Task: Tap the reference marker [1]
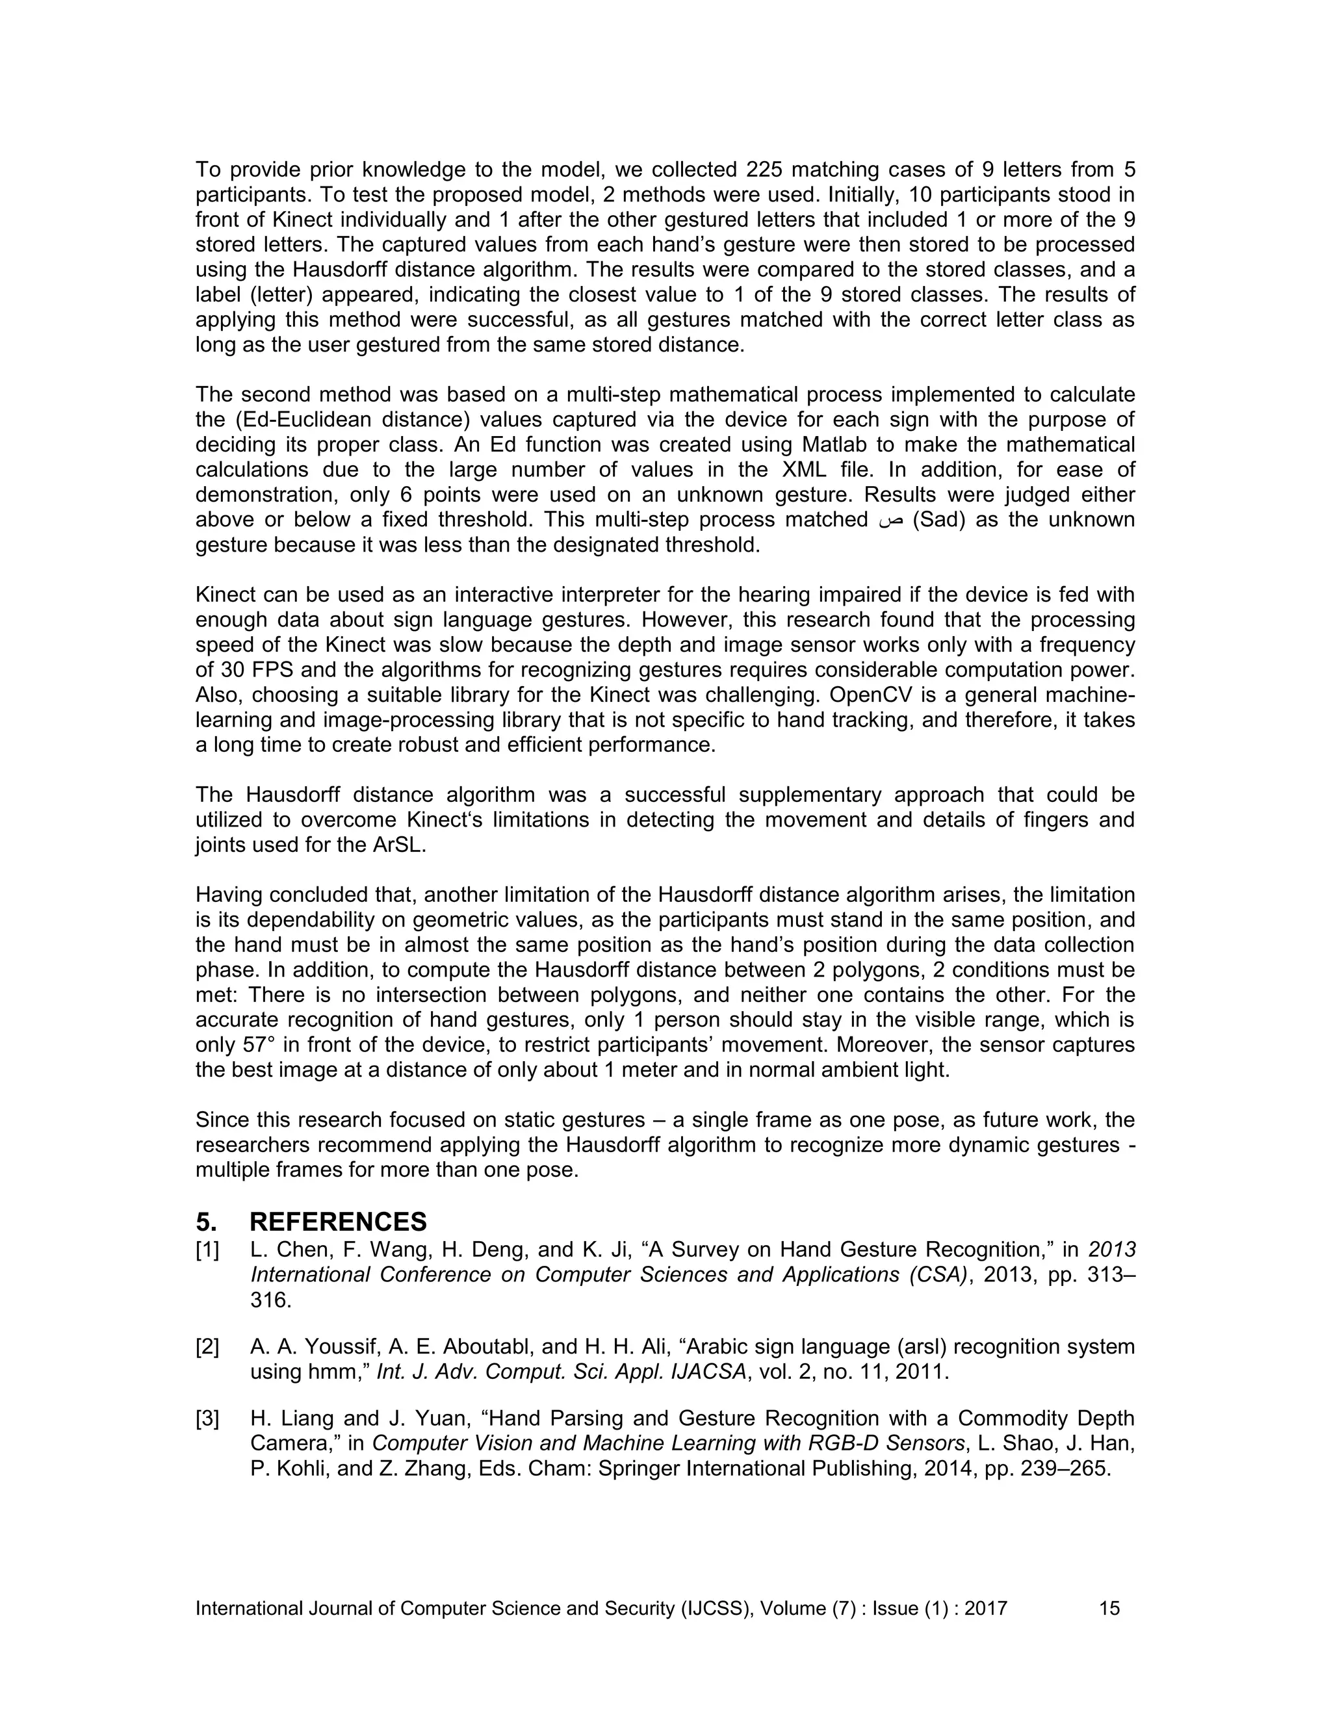(207, 1250)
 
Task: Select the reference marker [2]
(207, 1346)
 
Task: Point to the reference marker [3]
(207, 1419)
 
